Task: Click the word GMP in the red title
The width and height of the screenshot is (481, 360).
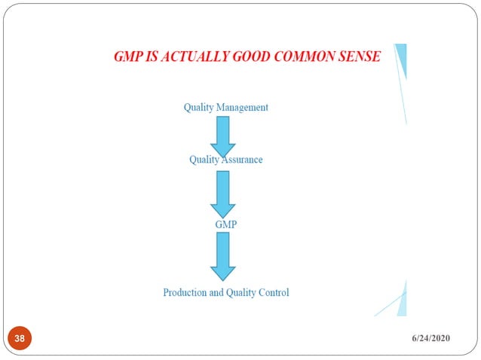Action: [x=129, y=56]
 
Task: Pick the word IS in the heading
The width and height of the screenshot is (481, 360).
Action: [x=155, y=56]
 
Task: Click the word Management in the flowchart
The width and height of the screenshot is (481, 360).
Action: [x=243, y=108]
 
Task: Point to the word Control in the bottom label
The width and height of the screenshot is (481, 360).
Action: [x=273, y=292]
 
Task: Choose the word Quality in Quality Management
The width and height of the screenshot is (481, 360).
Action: [x=199, y=108]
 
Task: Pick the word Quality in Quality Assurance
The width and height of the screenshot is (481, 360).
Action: [x=204, y=160]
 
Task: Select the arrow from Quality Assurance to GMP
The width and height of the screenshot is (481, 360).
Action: [x=223, y=193]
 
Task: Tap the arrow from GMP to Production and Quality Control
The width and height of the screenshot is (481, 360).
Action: [x=223, y=255]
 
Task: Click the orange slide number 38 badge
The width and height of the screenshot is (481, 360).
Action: [x=20, y=339]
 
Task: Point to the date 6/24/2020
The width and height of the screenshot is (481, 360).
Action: [x=430, y=339]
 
